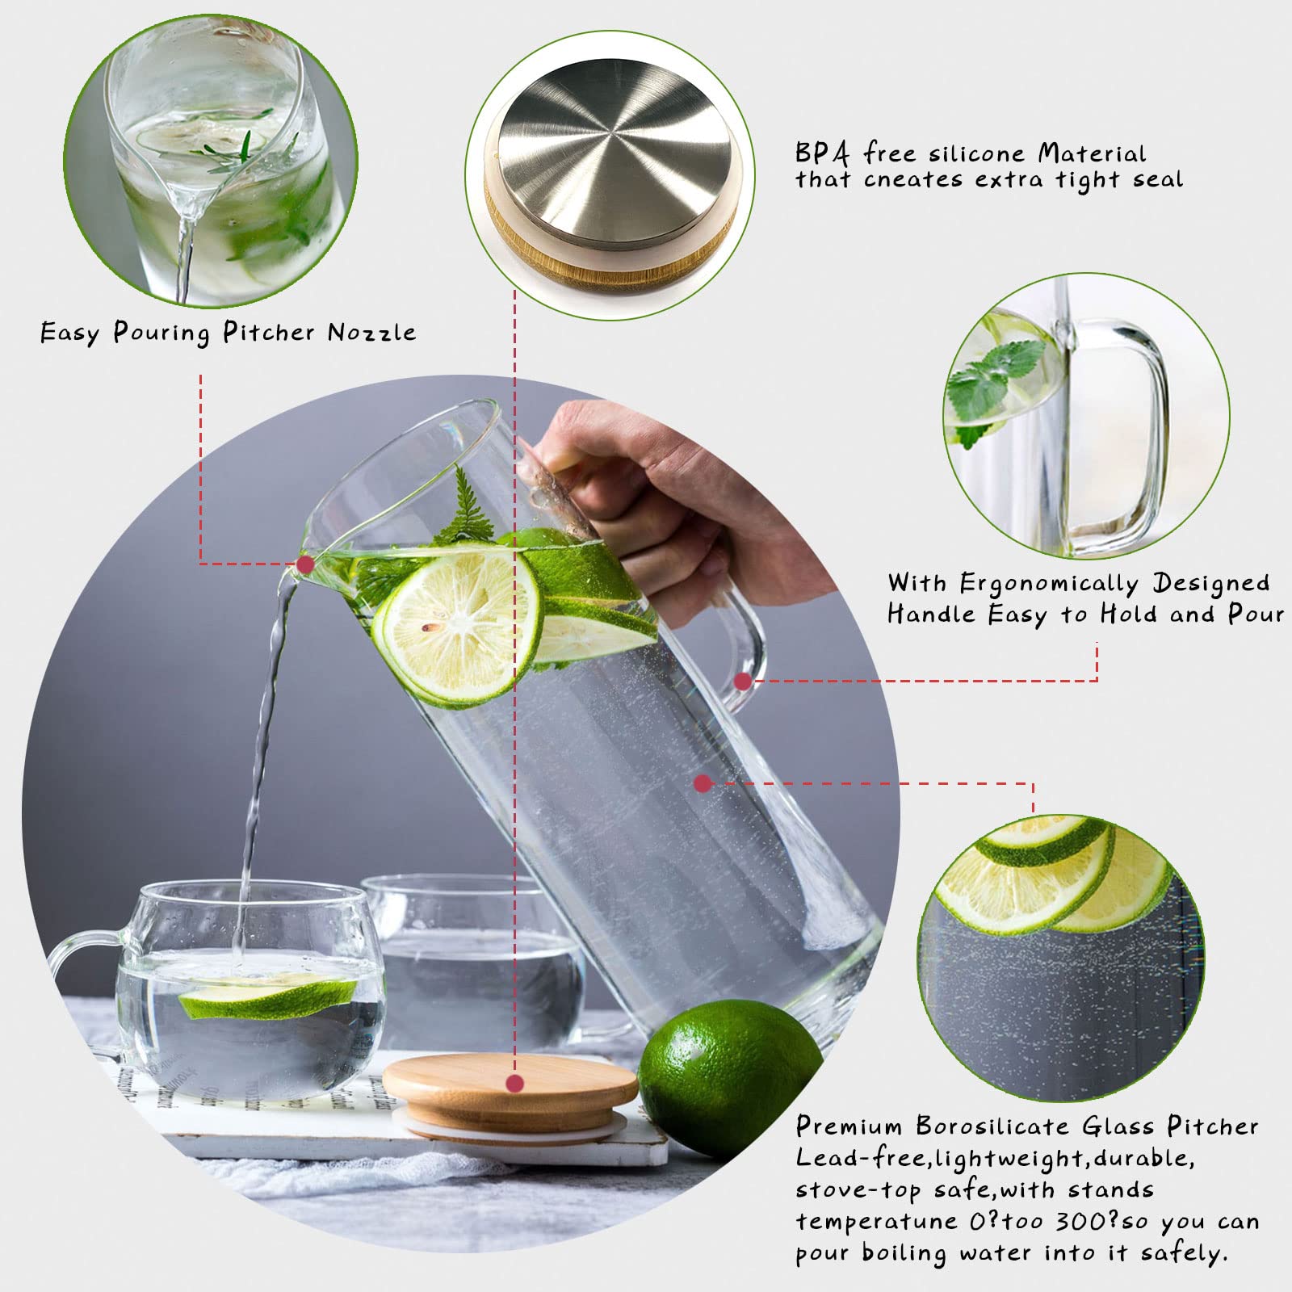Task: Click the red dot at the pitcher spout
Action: pyautogui.click(x=305, y=564)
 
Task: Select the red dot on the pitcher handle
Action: pyautogui.click(x=743, y=682)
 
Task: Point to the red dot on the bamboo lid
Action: pyautogui.click(x=515, y=1083)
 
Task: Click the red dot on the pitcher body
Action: pyautogui.click(x=703, y=782)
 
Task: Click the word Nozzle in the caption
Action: pyautogui.click(x=371, y=332)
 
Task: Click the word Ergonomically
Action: pyautogui.click(x=1049, y=583)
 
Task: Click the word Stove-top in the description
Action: pyautogui.click(x=859, y=1190)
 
